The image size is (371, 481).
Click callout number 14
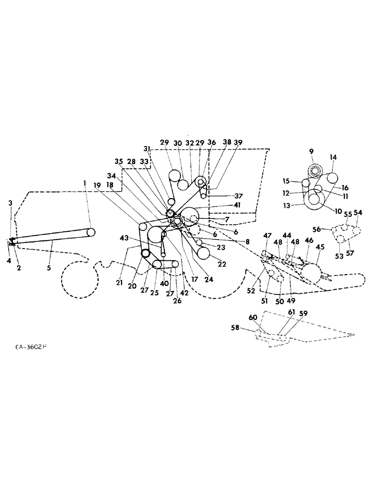pos(334,157)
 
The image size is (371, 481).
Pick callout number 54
pos(359,213)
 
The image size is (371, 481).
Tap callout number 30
pos(177,143)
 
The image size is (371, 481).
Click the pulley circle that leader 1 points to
pos(91,232)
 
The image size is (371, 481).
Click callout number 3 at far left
pos(10,203)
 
